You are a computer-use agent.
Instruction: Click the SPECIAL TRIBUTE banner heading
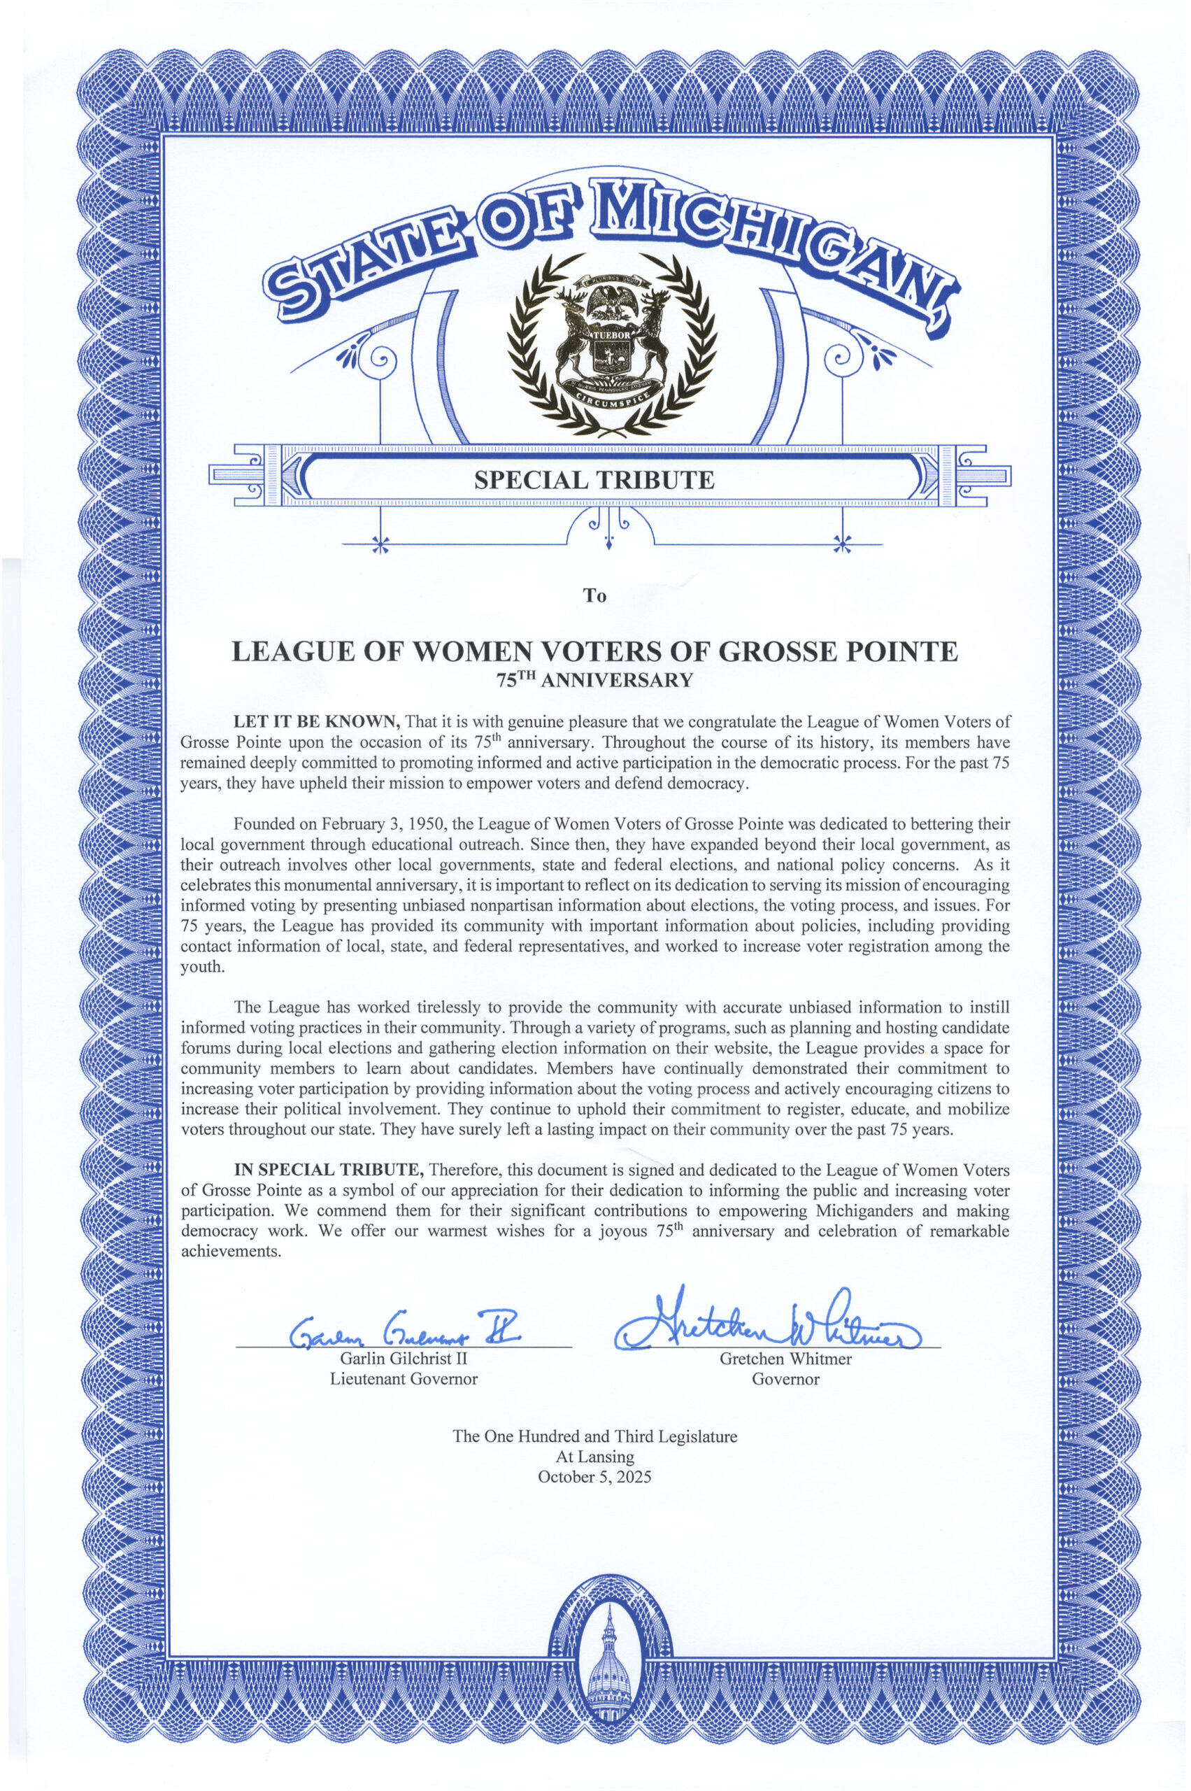[594, 480]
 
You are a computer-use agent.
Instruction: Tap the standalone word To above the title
[594, 596]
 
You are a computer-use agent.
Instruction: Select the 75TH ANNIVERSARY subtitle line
[594, 679]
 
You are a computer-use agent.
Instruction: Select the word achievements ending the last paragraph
[231, 1252]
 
